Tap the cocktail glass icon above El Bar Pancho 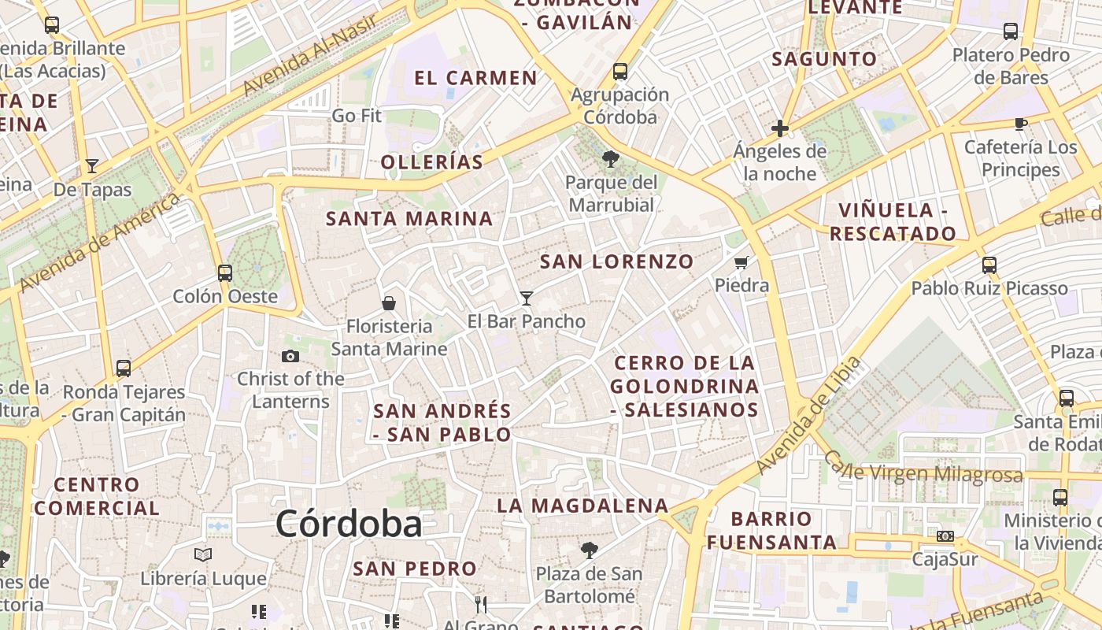click(527, 298)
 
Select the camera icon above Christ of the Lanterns click(290, 356)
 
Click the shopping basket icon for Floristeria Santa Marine click(389, 302)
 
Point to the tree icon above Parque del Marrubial click(610, 159)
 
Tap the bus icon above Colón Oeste click(225, 273)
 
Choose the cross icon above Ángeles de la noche click(780, 128)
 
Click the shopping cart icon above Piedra click(741, 262)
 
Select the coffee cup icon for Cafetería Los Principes click(1021, 124)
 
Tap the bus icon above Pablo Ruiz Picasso click(989, 265)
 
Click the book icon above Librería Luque click(203, 554)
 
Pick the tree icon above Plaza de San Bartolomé click(589, 550)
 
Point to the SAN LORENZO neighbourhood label click(617, 261)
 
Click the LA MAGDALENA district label click(582, 506)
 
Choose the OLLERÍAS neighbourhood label click(431, 162)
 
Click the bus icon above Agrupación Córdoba click(620, 72)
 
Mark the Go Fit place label click(357, 116)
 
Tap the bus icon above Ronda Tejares click(124, 368)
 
